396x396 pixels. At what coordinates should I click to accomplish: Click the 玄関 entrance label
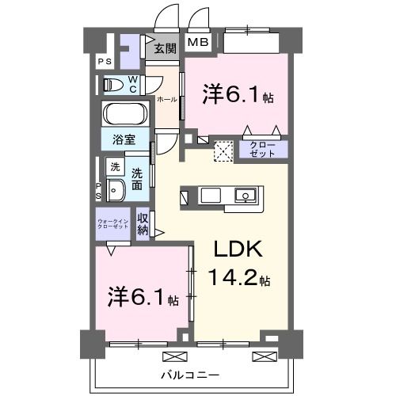point(165,48)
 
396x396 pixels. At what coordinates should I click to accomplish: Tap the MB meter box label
point(197,43)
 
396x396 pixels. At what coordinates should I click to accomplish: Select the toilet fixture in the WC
point(112,83)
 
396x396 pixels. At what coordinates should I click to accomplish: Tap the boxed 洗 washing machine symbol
point(116,167)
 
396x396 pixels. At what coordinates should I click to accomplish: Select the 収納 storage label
point(143,223)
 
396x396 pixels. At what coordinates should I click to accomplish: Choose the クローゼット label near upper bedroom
point(262,149)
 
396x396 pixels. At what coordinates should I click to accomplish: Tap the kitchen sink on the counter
point(245,195)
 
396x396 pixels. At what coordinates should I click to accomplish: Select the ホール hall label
point(166,100)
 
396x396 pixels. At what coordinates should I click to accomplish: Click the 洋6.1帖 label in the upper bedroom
point(237,97)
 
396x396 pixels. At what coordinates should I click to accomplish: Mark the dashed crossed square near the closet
point(223,150)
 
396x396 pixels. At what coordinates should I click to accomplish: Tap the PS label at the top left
point(104,62)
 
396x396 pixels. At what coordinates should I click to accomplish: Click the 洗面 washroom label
point(137,178)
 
